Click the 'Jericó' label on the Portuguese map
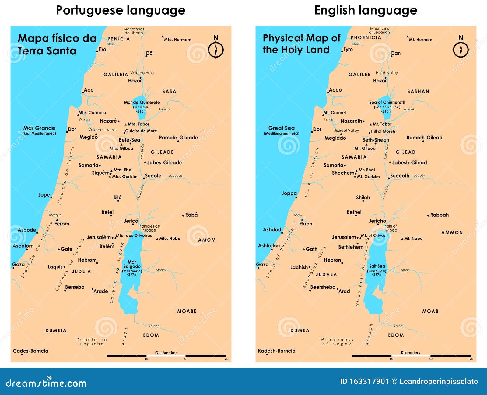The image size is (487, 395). tap(131, 221)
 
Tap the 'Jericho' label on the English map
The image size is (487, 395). tap(377, 221)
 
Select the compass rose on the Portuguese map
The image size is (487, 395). tap(216, 49)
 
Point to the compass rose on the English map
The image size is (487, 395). tap(461, 49)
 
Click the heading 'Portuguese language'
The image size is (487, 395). tap(121, 10)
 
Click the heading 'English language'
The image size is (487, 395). tap(365, 10)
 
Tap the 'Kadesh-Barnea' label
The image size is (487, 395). tap(276, 351)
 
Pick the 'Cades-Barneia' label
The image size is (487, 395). tap(30, 351)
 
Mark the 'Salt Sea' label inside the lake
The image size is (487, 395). tap(377, 266)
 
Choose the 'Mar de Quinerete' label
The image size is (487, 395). tap(142, 103)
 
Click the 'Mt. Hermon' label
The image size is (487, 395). tap(420, 40)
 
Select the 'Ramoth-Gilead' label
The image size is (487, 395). tap(424, 138)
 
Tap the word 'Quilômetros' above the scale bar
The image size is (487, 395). tap(166, 353)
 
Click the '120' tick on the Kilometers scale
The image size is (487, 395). tap(471, 359)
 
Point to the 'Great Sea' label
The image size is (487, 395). tap(281, 128)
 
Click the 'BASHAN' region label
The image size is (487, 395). tap(418, 91)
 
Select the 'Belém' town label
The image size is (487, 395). tap(107, 246)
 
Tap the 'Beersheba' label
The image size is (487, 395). tap(323, 287)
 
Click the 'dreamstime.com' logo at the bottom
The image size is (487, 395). tap(46, 383)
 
